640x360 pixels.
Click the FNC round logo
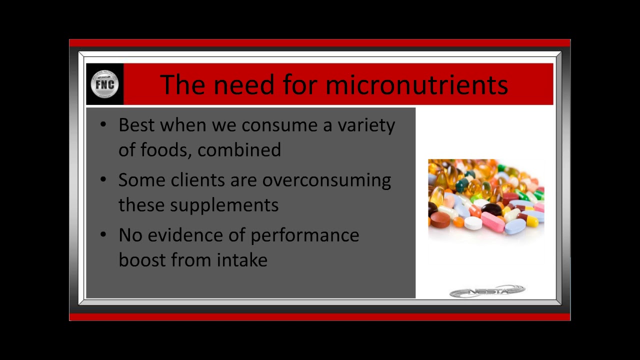coord(104,84)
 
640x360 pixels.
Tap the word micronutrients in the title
coord(417,84)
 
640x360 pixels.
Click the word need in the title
coord(244,84)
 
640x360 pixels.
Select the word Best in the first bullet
coord(136,125)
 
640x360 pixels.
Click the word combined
coord(239,149)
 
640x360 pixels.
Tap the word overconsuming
coord(326,181)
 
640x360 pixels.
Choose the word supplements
coord(224,205)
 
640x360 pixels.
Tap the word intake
coord(242,259)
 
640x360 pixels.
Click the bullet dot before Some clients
coord(103,179)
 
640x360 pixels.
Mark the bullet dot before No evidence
coord(103,234)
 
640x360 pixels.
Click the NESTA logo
coord(487,291)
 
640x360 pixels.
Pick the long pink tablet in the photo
coord(492,221)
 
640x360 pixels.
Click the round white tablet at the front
coord(473,223)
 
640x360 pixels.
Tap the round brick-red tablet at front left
coord(440,219)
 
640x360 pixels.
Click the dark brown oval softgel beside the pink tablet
coord(491,209)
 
